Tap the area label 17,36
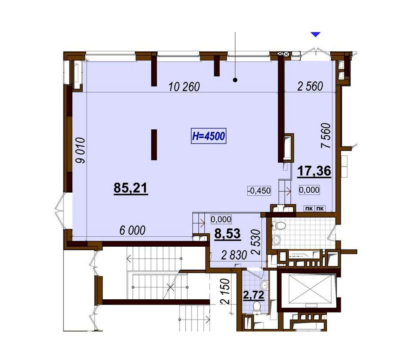314,171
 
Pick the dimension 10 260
184,87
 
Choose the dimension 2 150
226,292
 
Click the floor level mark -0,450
260,191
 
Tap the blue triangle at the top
316,34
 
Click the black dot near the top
235,80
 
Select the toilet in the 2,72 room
257,307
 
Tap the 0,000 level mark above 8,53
221,219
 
